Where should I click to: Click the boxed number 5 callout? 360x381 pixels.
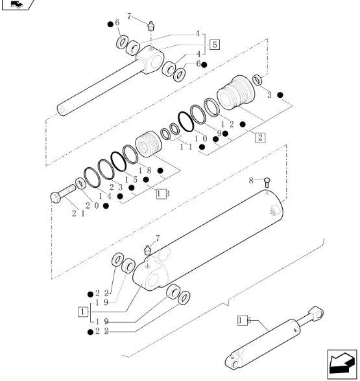point(215,45)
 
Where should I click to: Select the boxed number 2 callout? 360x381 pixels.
point(260,137)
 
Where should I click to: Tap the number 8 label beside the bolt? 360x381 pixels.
point(251,181)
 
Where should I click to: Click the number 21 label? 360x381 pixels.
point(78,214)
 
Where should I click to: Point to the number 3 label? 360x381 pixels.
point(269,95)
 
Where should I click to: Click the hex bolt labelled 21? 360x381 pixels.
point(63,193)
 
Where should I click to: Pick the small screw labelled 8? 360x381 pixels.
point(267,182)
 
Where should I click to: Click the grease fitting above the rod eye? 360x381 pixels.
point(151,26)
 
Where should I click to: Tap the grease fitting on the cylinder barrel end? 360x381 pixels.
point(147,250)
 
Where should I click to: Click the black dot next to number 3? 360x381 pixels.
point(280,95)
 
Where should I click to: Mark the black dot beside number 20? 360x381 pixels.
point(106,206)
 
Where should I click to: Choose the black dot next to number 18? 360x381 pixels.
point(160,170)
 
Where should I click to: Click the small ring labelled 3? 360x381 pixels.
point(258,80)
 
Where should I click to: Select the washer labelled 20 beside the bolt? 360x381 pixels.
point(80,184)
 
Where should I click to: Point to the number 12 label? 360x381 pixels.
point(228,124)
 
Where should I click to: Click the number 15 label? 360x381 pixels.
point(131,179)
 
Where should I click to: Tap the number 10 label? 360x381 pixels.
point(201,139)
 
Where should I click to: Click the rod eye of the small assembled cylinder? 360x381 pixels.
point(316,312)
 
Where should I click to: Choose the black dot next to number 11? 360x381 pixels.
point(202,146)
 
